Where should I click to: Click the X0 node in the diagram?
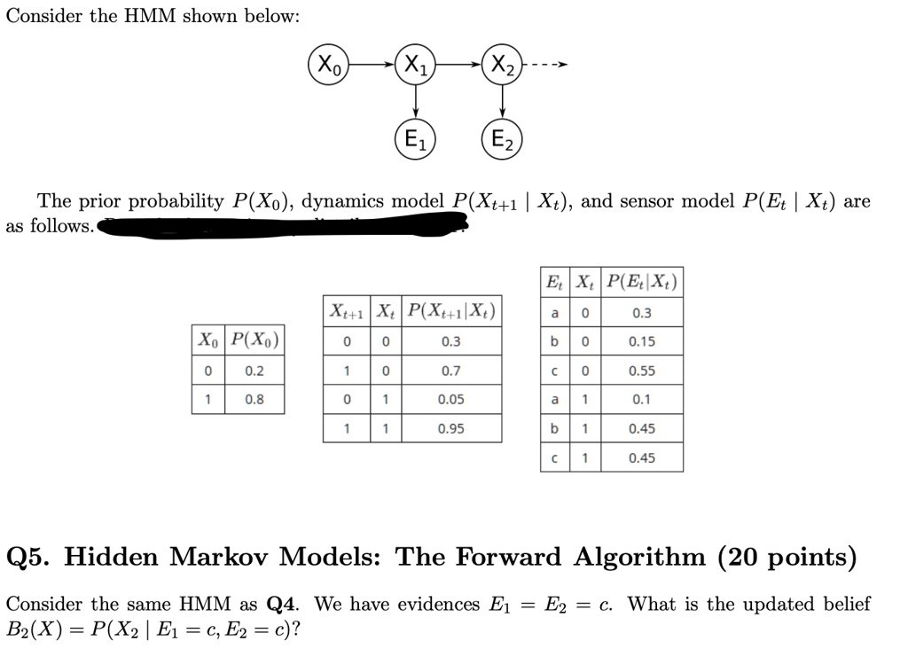point(329,64)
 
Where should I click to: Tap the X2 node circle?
point(502,64)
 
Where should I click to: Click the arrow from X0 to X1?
point(372,64)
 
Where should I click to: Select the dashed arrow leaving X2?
point(544,64)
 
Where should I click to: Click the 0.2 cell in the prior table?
point(254,371)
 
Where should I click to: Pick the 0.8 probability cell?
point(254,399)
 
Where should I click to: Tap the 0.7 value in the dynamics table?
point(451,371)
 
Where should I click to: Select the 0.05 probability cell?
point(451,399)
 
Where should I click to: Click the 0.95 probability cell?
point(451,428)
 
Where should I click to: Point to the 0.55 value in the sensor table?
point(642,371)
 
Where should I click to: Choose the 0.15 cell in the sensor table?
point(642,341)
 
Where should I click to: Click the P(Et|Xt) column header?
point(642,283)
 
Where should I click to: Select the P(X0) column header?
point(254,340)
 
